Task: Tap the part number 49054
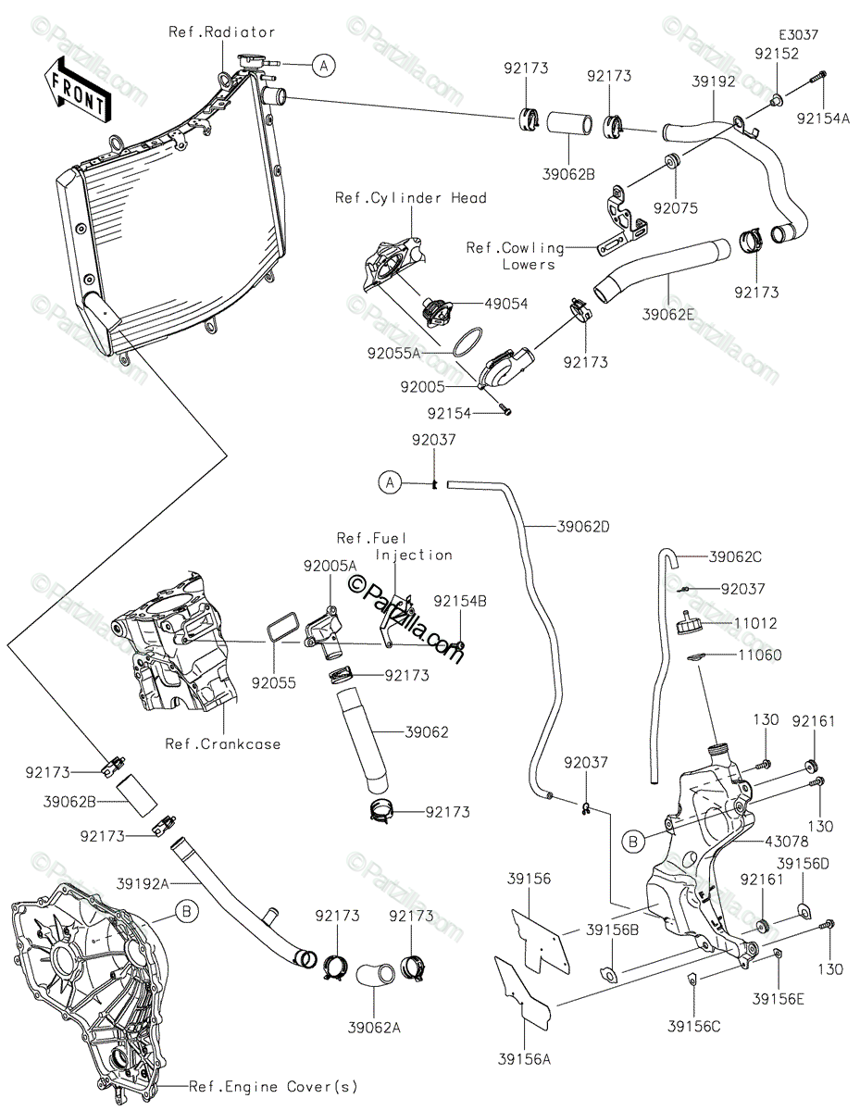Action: (505, 304)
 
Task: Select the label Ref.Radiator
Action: (222, 32)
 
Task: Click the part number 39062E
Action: (668, 315)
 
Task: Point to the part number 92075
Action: (676, 208)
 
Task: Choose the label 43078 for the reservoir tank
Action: (787, 841)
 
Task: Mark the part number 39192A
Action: (143, 883)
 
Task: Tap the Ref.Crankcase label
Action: (223, 743)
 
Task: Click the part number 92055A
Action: (393, 354)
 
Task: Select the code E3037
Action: (798, 35)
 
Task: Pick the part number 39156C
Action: (694, 1026)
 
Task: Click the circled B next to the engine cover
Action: (187, 911)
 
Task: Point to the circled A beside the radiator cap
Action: (323, 66)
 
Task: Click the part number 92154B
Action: (460, 601)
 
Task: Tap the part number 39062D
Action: (583, 527)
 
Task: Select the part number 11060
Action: (759, 655)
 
